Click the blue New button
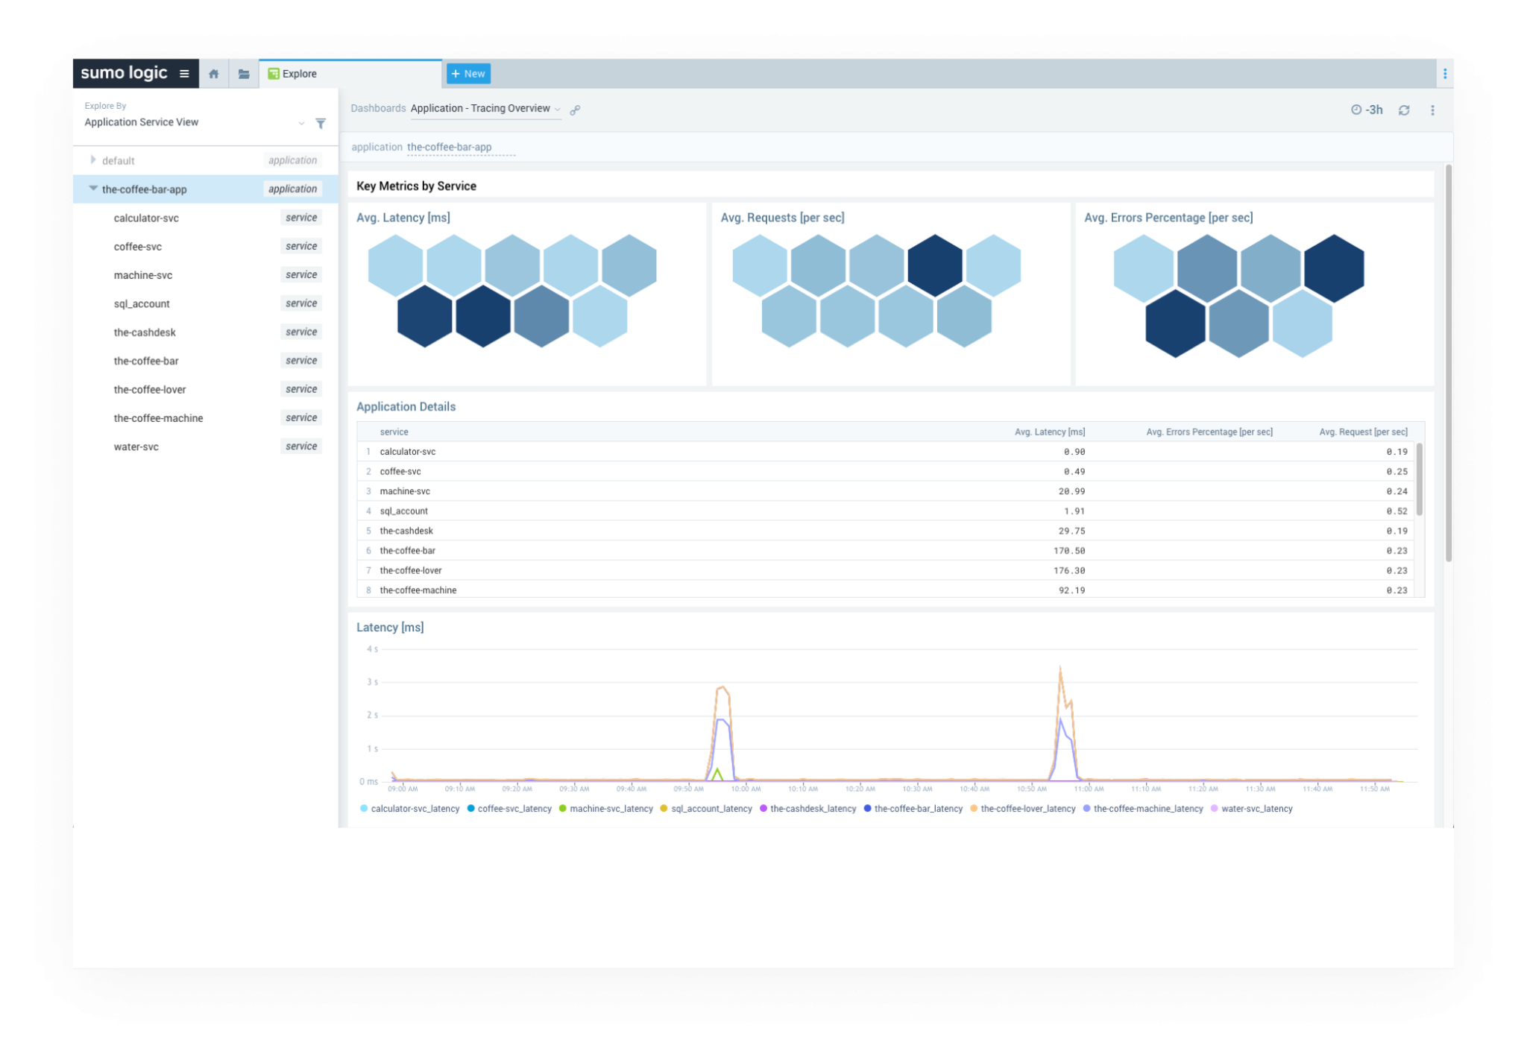tap(468, 74)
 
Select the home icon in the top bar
tap(214, 74)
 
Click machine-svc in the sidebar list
tap(143, 275)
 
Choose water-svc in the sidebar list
tap(136, 447)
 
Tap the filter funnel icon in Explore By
tap(321, 123)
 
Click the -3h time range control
tap(1367, 110)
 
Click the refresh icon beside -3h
tap(1404, 110)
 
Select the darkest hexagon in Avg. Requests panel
tap(935, 265)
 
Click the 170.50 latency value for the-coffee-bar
tap(1069, 551)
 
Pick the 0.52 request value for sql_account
tap(1397, 511)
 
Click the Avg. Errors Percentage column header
tap(1209, 432)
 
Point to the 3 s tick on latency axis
tap(372, 682)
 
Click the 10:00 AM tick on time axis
tap(746, 789)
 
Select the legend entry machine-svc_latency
tap(611, 809)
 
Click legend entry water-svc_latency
tap(1256, 809)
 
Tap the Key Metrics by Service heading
tap(416, 186)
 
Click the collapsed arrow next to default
tap(93, 160)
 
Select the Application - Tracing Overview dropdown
tap(485, 109)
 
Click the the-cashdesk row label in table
tap(406, 531)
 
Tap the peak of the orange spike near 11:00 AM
tap(1060, 669)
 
